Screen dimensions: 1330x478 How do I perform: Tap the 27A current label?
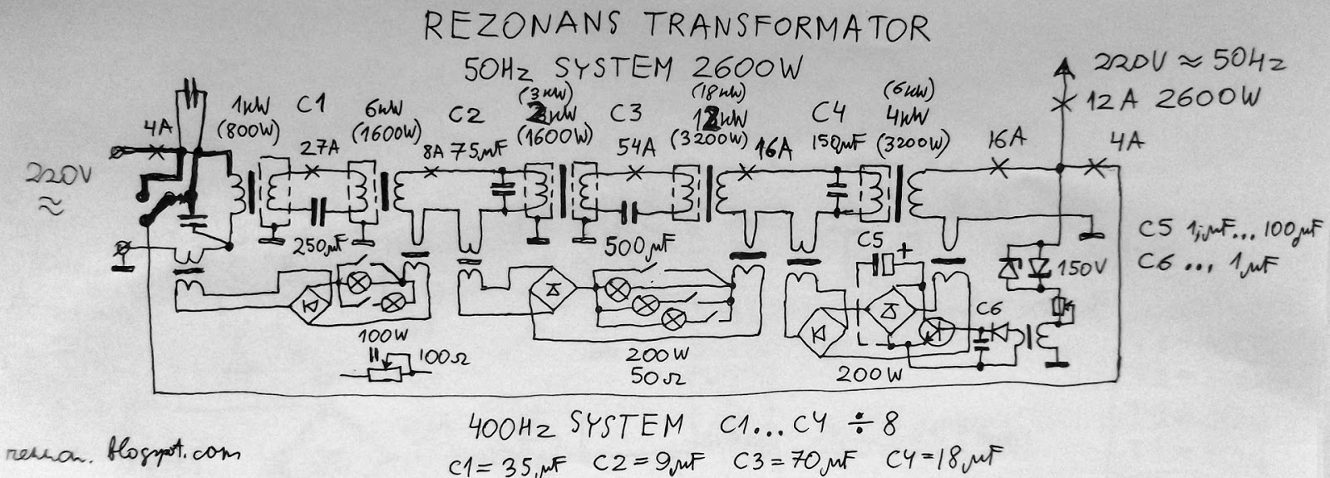[319, 150]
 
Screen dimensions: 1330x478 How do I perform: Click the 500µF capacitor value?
[639, 245]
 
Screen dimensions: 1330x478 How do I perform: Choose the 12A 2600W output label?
[1172, 100]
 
